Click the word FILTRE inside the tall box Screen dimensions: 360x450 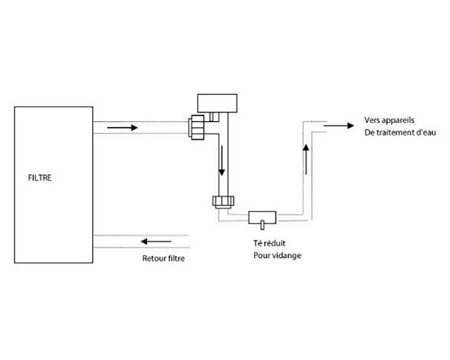(x=40, y=178)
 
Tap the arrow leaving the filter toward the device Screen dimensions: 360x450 (x=122, y=127)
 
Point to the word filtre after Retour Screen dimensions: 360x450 (x=176, y=258)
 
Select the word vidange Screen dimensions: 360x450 (x=287, y=255)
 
